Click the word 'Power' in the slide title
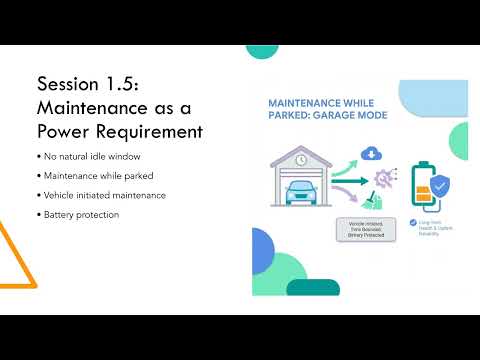(x=67, y=130)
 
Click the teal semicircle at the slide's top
(x=261, y=50)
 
